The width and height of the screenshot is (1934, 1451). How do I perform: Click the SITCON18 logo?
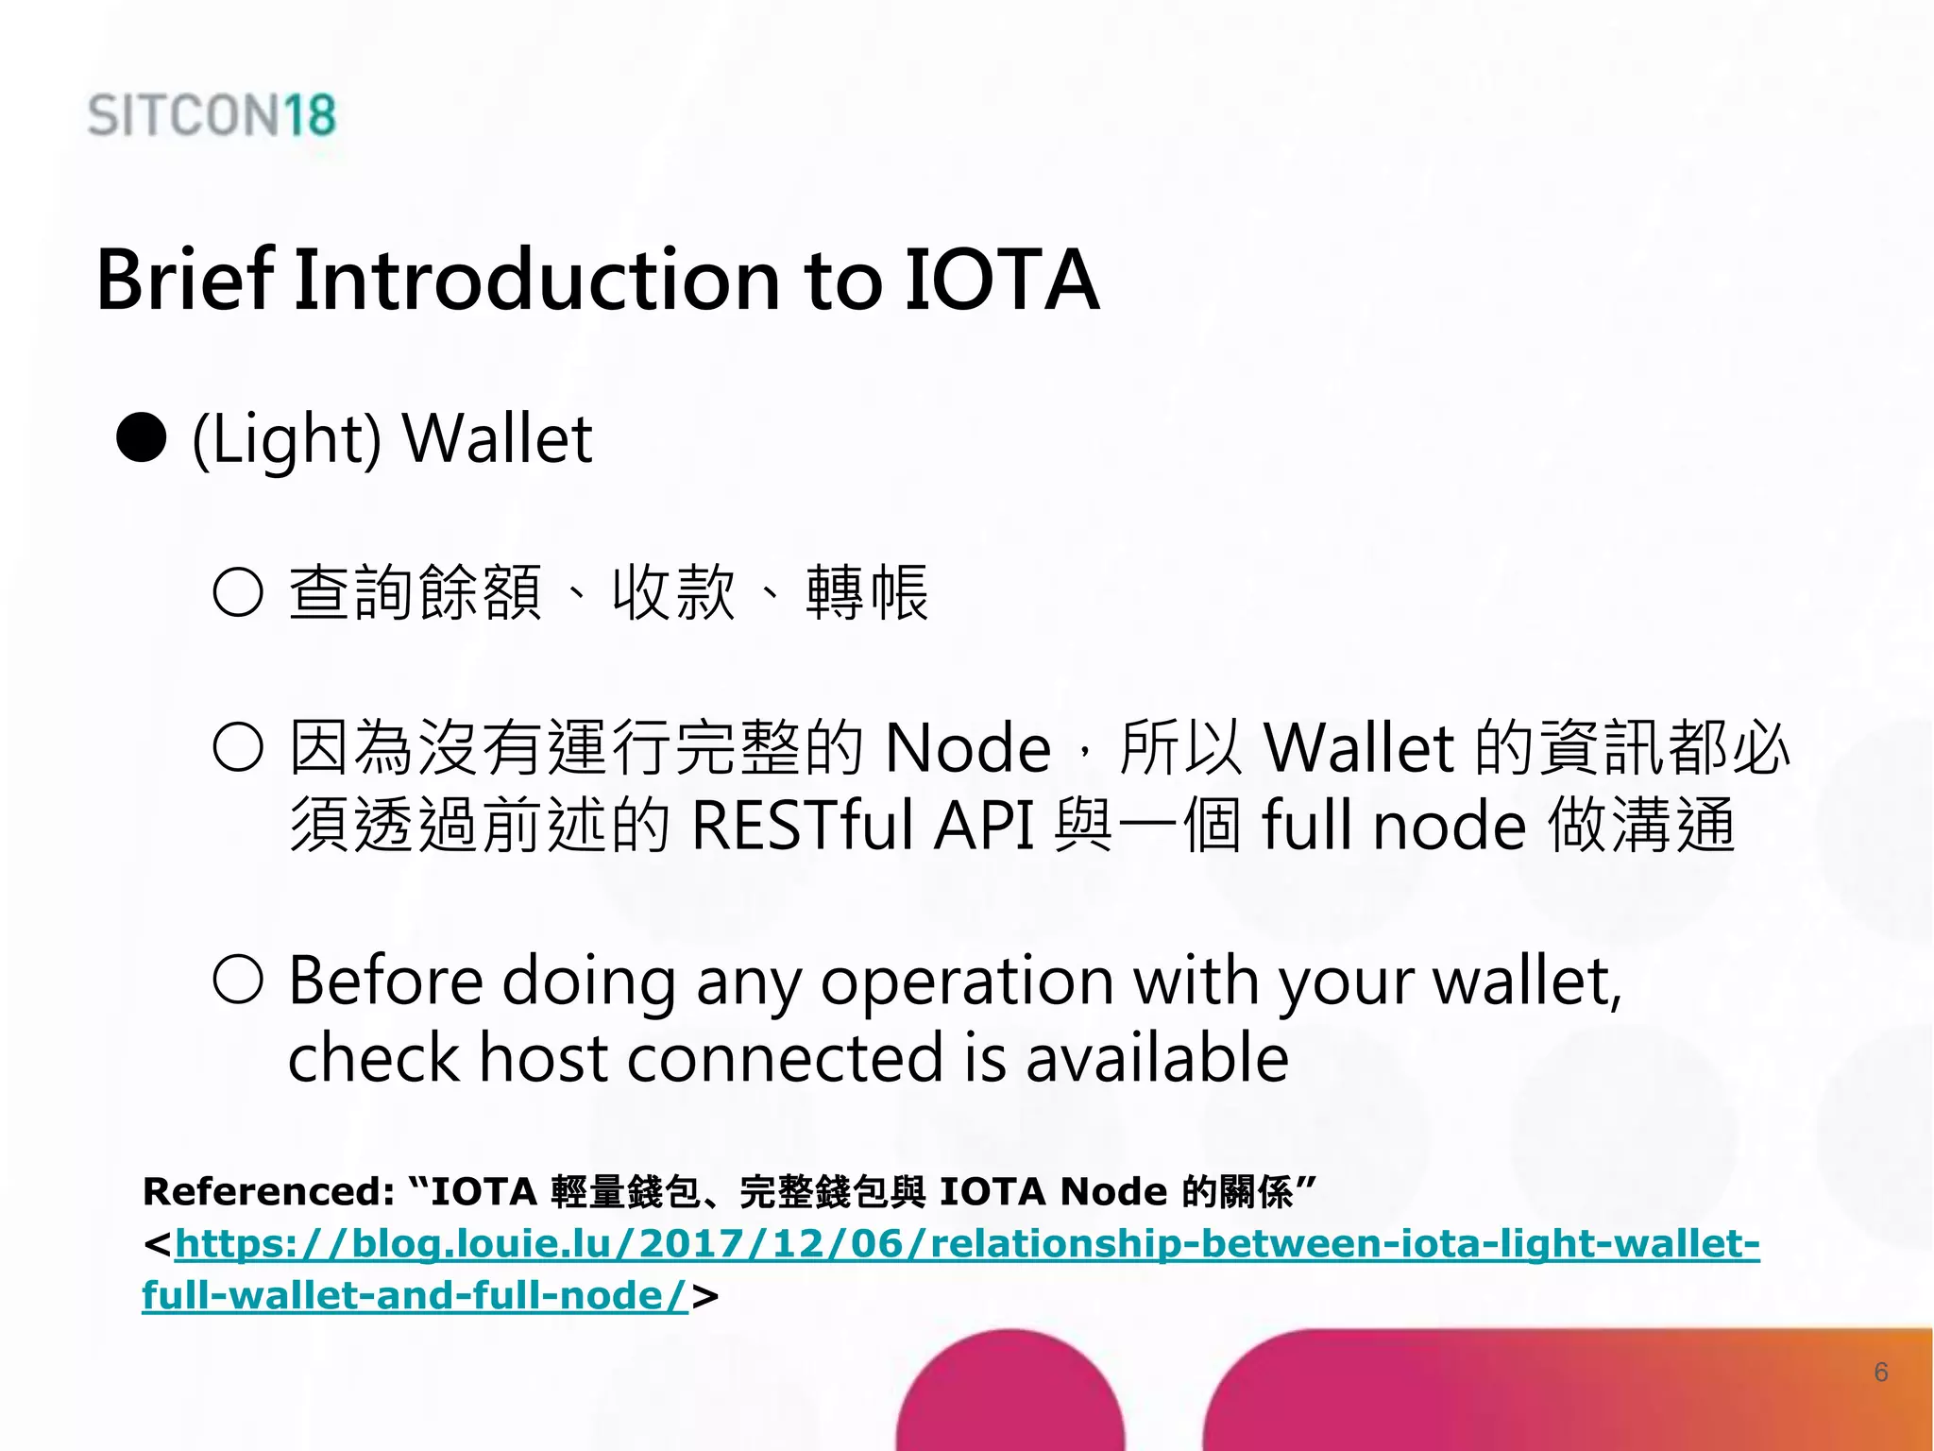(x=212, y=115)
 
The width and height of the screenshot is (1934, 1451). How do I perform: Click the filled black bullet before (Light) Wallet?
(x=142, y=438)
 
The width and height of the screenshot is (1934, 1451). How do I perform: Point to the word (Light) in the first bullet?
(x=286, y=440)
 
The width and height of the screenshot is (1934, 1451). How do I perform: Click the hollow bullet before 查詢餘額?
(x=238, y=593)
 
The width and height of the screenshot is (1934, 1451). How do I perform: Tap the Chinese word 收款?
(x=673, y=593)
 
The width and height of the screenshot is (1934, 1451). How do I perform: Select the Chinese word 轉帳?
(x=867, y=593)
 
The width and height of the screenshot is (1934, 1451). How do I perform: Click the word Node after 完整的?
(x=968, y=748)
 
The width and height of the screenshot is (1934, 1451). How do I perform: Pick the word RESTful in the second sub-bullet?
(x=803, y=826)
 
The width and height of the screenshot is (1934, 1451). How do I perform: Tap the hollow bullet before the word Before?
(x=238, y=979)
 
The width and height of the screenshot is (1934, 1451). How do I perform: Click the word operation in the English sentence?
(x=967, y=982)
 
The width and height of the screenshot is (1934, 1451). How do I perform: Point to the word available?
(x=1157, y=1058)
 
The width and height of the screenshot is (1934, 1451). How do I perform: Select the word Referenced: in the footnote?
(x=268, y=1192)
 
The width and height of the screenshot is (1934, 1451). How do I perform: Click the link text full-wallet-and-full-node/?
(x=416, y=1295)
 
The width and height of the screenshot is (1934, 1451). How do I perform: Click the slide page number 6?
(x=1880, y=1372)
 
